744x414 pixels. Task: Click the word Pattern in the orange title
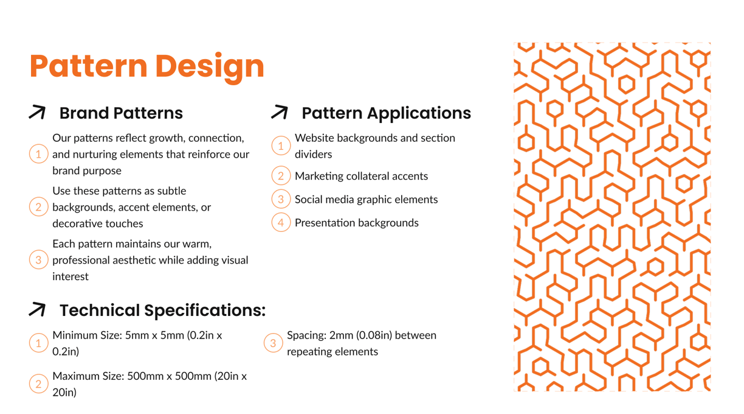click(88, 66)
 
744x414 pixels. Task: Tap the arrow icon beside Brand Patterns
click(37, 112)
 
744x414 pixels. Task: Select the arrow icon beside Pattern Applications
click(280, 112)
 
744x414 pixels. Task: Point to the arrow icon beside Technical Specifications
click(37, 309)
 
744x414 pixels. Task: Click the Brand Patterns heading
click(121, 113)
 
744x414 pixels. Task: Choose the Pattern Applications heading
click(386, 113)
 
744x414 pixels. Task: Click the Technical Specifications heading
click(163, 310)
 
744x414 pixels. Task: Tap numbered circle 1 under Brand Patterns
click(38, 154)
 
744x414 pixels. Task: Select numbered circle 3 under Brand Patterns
click(38, 260)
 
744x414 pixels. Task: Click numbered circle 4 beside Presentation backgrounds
click(281, 222)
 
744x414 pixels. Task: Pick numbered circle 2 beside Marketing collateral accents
click(281, 176)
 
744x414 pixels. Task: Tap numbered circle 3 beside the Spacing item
click(273, 343)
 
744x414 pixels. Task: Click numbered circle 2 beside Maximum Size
click(38, 384)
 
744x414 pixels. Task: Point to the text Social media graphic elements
click(367, 199)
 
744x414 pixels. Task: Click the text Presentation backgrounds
click(357, 223)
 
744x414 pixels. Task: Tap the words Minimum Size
click(87, 335)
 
